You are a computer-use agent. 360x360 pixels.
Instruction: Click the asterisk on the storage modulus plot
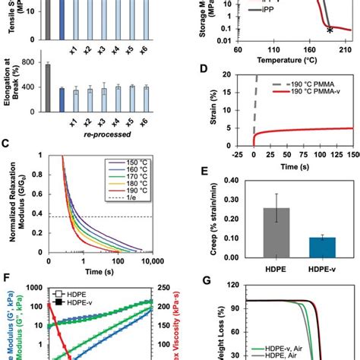(x=329, y=31)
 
